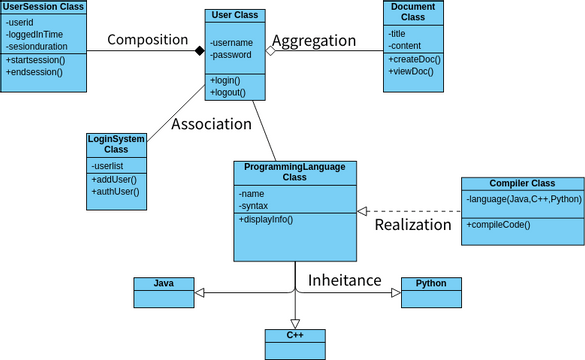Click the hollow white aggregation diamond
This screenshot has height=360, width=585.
(270, 49)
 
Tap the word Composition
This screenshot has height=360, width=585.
(147, 40)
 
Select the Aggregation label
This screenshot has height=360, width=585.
(314, 41)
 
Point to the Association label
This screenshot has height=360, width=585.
(211, 124)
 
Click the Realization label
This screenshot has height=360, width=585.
(413, 225)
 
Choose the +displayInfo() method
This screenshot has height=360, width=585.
(266, 218)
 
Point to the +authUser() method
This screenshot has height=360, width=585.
(115, 191)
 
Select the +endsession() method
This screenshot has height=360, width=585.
(35, 73)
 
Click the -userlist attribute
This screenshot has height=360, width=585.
(108, 165)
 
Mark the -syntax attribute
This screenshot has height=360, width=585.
(253, 205)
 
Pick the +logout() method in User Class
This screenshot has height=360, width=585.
(228, 92)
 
